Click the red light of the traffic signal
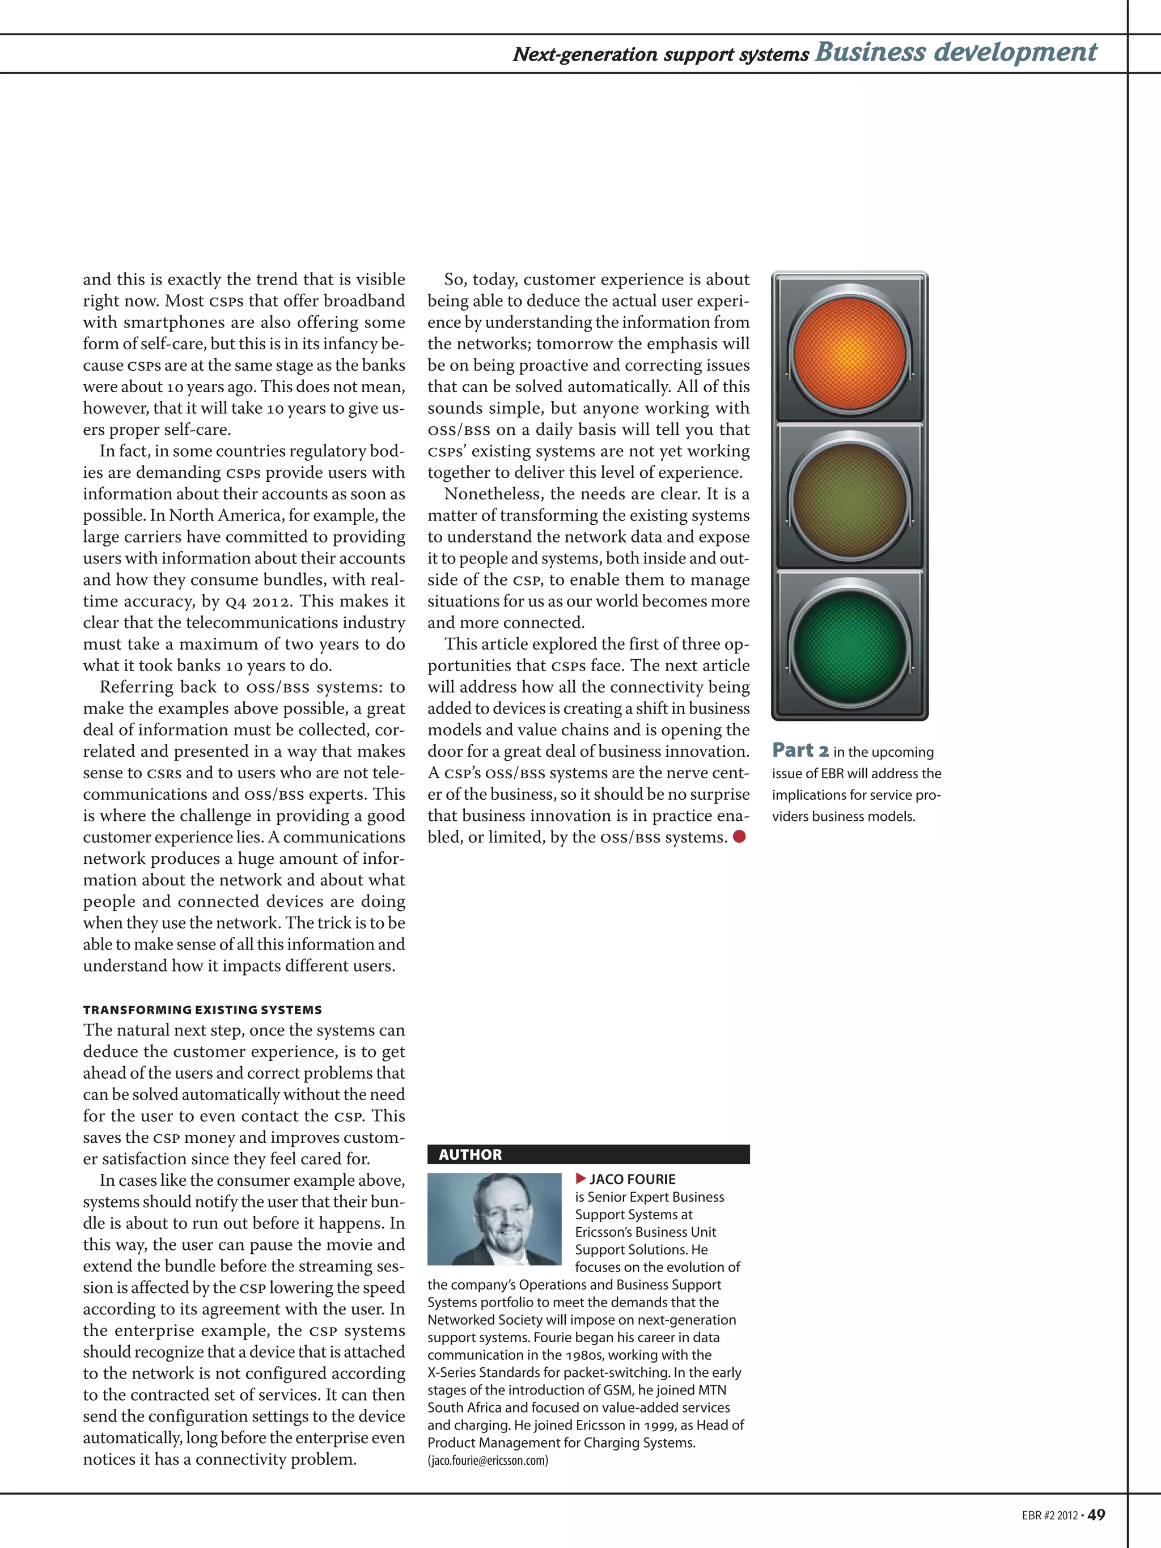click(850, 352)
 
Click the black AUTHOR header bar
click(588, 1155)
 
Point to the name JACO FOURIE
click(632, 1179)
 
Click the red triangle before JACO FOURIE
click(580, 1179)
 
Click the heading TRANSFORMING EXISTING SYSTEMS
click(202, 1010)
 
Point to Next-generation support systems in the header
click(660, 54)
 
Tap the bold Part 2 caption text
click(800, 750)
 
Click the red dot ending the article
click(739, 836)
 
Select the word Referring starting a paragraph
click(137, 687)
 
